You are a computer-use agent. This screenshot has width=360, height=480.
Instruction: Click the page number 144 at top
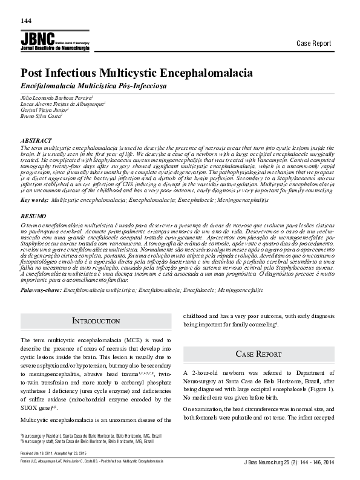coord(26,21)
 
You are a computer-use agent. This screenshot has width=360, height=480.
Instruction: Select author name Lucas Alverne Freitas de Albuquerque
coord(63,104)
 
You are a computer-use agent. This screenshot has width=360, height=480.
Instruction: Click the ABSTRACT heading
coord(36,140)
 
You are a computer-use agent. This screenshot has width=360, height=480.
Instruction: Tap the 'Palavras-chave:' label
coord(42,273)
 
